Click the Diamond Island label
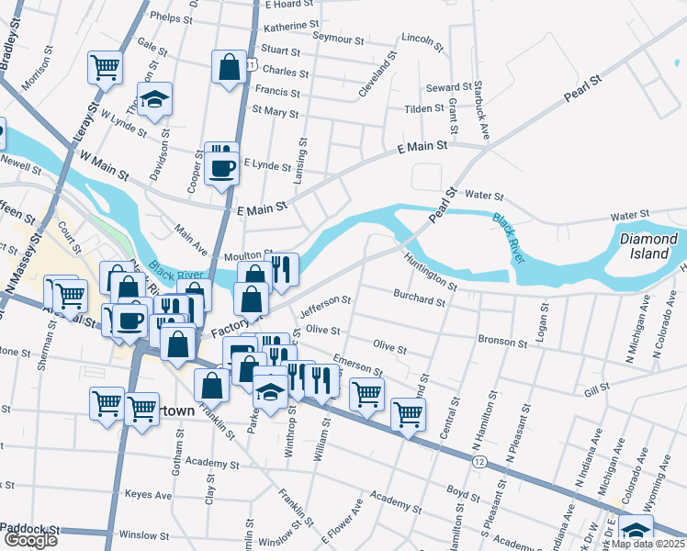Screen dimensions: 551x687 [x=648, y=245]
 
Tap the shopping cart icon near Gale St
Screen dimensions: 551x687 [x=105, y=66]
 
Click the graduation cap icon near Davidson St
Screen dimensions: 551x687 [x=155, y=99]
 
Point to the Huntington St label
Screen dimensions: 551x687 [x=430, y=269]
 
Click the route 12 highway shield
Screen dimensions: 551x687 [x=480, y=462]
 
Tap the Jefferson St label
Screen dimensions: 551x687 [x=326, y=307]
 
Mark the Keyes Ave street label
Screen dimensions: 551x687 [x=149, y=495]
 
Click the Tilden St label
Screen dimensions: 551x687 [x=424, y=108]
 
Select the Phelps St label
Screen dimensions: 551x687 [x=171, y=17]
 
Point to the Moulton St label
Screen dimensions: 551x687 [x=242, y=254]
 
